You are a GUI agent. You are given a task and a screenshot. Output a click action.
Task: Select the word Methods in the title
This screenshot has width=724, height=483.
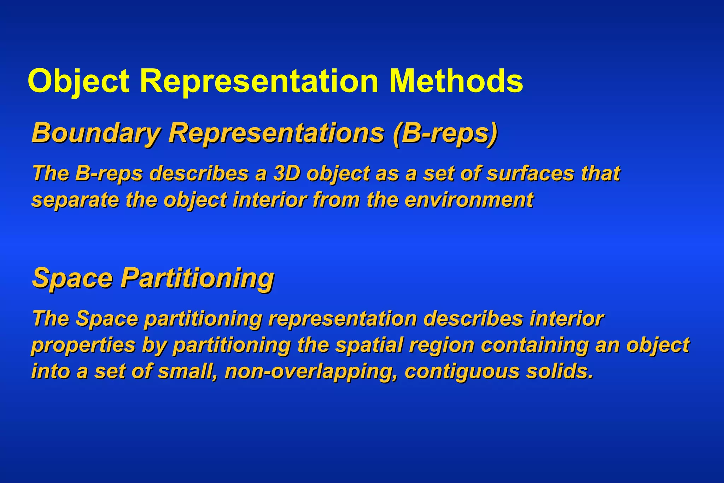click(x=456, y=81)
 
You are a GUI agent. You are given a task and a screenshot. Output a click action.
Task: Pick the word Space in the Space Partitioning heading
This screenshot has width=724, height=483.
click(x=72, y=278)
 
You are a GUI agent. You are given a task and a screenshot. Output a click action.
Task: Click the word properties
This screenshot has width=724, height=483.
click(x=83, y=345)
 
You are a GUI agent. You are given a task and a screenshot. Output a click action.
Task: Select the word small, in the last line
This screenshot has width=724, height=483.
click(x=188, y=371)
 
